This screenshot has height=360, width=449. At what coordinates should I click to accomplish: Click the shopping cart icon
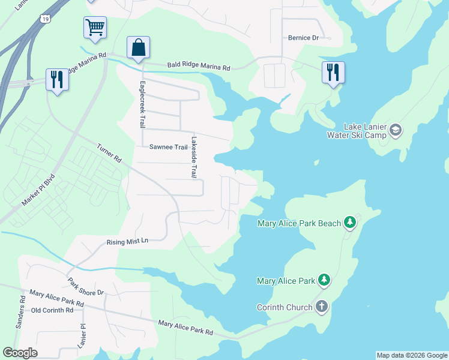click(x=95, y=28)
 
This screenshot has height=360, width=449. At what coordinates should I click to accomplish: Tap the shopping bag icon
click(x=138, y=47)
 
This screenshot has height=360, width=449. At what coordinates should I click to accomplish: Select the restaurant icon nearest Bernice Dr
click(x=333, y=73)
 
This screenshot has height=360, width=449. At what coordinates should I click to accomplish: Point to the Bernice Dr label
click(x=303, y=38)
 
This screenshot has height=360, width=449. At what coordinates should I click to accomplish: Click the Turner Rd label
click(x=109, y=153)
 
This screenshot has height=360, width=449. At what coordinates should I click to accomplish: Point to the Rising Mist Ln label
click(x=127, y=241)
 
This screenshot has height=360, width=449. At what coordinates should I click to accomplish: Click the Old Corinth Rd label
click(x=52, y=310)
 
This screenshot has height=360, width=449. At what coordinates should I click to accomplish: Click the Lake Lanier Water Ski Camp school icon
click(x=395, y=129)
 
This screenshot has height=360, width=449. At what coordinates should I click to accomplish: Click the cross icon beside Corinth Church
click(x=322, y=307)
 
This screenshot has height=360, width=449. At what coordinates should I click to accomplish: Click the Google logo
click(x=20, y=353)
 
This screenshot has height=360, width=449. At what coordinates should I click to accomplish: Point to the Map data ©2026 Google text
click(x=412, y=355)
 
